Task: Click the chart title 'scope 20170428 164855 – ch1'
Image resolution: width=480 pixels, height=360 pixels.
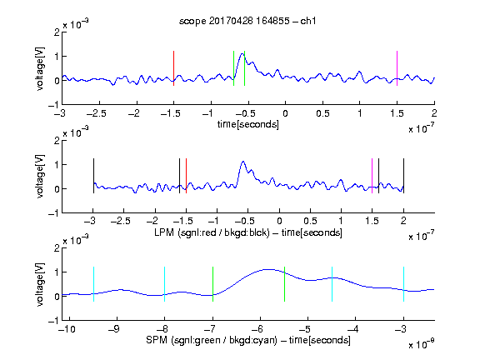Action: (x=247, y=21)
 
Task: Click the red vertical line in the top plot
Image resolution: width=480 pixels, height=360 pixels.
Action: (x=173, y=68)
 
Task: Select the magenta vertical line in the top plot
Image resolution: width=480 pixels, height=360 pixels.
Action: (x=397, y=68)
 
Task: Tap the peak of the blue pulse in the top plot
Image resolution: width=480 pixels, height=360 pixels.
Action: (x=242, y=54)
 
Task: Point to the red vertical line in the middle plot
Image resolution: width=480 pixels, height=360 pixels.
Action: (x=186, y=176)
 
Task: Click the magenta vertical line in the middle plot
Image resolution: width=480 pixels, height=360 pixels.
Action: (x=372, y=176)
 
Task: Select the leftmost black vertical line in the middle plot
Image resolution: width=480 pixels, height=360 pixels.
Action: (x=93, y=176)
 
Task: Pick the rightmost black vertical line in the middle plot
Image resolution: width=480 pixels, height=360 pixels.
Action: (x=403, y=176)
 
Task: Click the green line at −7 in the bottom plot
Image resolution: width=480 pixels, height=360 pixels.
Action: (x=212, y=284)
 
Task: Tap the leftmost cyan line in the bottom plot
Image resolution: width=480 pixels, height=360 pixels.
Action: (x=93, y=284)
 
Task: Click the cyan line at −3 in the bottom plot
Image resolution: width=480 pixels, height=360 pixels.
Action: (x=403, y=284)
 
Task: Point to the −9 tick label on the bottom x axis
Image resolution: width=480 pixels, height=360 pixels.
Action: (x=114, y=329)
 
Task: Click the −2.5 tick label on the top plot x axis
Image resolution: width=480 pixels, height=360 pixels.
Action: (x=97, y=113)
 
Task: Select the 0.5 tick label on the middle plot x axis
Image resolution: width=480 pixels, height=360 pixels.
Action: (x=310, y=221)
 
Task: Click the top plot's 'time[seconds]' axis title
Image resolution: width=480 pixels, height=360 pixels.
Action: (x=248, y=124)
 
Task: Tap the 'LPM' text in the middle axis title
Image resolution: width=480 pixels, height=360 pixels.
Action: (x=164, y=232)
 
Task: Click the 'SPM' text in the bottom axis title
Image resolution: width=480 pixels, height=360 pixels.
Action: (x=157, y=340)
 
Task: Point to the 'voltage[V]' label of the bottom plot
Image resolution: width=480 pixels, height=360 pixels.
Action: (x=40, y=284)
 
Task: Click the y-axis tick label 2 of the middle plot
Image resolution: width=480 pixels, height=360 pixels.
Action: (x=57, y=141)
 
